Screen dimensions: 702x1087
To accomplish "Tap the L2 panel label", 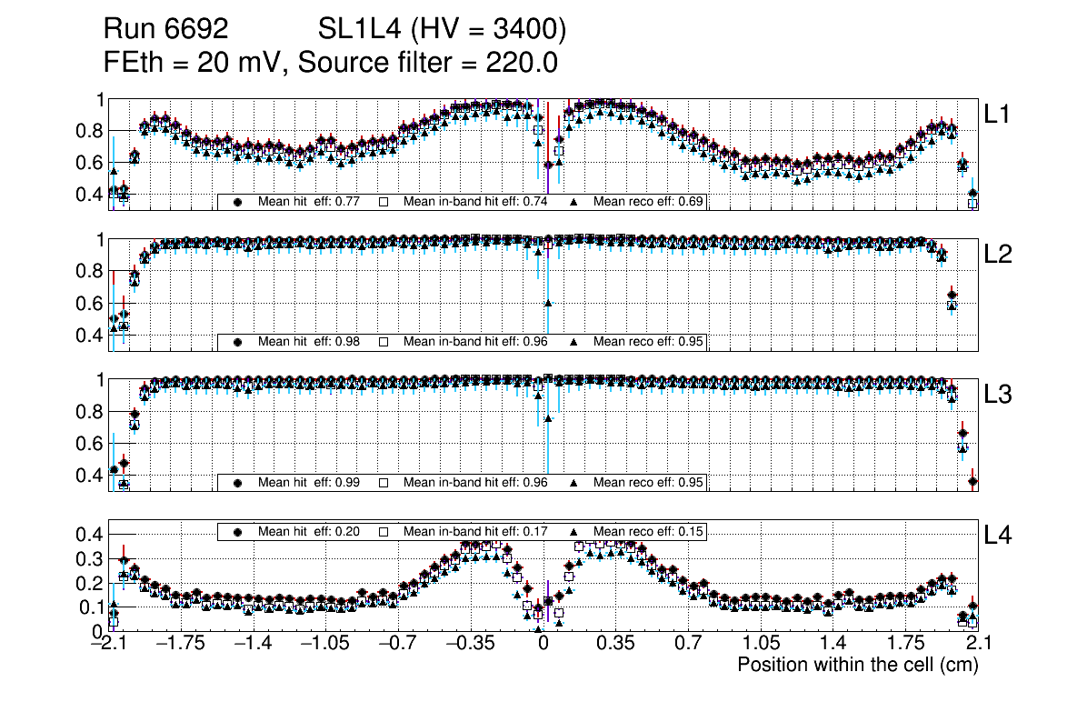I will pos(998,255).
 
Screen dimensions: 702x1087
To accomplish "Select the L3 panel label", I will pos(998,395).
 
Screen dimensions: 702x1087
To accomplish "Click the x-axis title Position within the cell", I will pos(857,665).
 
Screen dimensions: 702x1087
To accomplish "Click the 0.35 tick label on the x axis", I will pos(615,645).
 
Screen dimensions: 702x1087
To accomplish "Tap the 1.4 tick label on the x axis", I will pos(833,645).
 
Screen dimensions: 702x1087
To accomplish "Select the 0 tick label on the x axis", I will pos(543,645).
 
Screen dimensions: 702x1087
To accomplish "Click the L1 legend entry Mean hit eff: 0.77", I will pos(304,202).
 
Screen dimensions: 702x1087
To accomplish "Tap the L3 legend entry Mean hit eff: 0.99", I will pos(304,482).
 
